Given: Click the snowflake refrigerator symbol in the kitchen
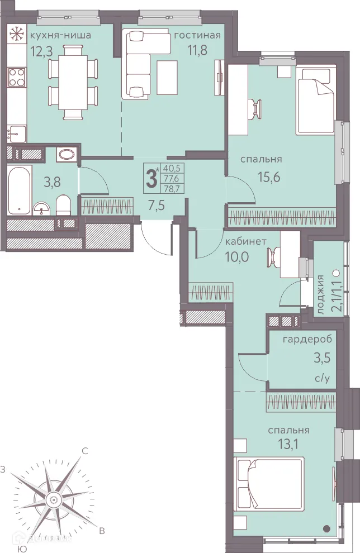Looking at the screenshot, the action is point(15,34).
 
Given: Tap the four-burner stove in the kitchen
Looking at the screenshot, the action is point(17,77).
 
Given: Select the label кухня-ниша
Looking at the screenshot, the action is point(60,35).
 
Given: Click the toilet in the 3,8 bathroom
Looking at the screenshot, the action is point(64,204).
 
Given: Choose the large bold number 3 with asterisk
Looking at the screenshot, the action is point(152,178).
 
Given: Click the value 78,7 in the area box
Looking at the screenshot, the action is point(170,188).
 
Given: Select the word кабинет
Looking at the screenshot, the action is point(246,241).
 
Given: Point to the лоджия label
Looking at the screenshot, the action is point(320,294).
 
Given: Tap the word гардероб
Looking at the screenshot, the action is point(307,340).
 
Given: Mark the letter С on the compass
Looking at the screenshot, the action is point(85,451).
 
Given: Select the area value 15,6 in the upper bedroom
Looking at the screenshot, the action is point(269,177).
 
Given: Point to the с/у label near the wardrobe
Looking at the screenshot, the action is point(322,379).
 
